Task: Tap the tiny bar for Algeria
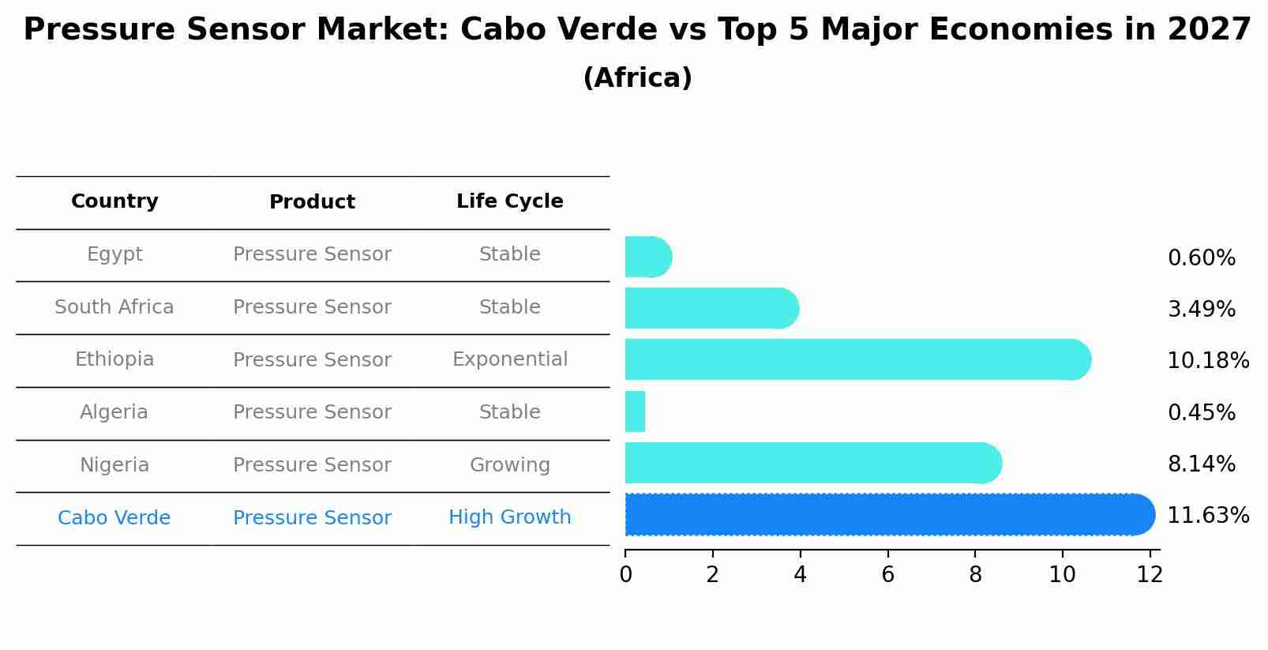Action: [x=635, y=411]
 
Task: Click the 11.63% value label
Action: [x=1207, y=516]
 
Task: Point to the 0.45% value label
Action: [x=1201, y=412]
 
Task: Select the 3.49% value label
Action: [x=1201, y=309]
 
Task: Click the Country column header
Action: [x=114, y=201]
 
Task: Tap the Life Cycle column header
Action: [x=509, y=201]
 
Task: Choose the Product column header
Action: [x=312, y=202]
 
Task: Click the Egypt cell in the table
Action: [x=114, y=254]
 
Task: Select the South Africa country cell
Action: [x=114, y=307]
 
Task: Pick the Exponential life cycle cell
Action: [x=509, y=359]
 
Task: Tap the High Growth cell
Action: [x=509, y=517]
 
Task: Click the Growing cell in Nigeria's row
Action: [x=509, y=465]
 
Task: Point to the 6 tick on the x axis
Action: [x=887, y=574]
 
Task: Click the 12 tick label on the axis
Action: [x=1150, y=574]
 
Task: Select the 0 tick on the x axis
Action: [x=625, y=574]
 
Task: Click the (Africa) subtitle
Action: [x=637, y=78]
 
